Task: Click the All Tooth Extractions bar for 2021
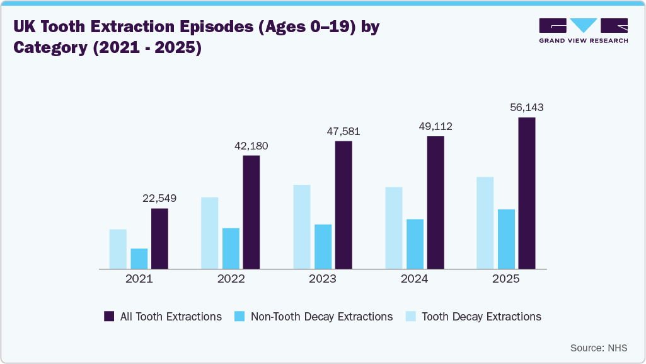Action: tap(159, 238)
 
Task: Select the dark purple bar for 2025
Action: tap(527, 193)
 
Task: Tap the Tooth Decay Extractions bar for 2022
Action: tap(210, 233)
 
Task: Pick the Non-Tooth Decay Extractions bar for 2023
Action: tap(323, 247)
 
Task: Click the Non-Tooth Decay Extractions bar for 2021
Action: tap(139, 259)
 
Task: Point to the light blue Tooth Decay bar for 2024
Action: tap(394, 228)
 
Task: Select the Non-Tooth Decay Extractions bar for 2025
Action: tap(506, 239)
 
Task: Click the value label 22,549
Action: tap(159, 198)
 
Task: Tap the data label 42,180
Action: tap(251, 145)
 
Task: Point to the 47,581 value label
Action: tap(343, 131)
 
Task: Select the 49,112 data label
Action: tap(435, 126)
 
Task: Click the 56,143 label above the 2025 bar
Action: tap(527, 107)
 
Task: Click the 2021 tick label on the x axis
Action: tap(139, 279)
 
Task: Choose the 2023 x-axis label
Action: tap(323, 279)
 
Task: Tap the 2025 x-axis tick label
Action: tap(506, 279)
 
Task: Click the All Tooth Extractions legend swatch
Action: tap(109, 317)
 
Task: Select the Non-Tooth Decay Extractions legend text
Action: tap(321, 317)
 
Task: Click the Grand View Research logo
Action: tap(583, 30)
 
